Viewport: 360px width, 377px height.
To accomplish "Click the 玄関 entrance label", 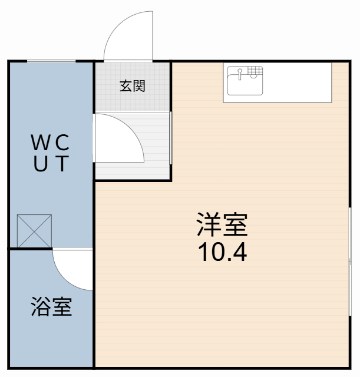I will (133, 86).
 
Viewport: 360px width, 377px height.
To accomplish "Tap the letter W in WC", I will (41, 143).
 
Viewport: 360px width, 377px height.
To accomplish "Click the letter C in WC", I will (62, 143).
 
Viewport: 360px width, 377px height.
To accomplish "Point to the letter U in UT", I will (41, 163).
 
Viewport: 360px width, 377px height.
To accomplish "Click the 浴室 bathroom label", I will (51, 307).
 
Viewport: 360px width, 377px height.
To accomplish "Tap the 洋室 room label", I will (222, 225).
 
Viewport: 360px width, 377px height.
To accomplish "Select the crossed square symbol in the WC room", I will (35, 231).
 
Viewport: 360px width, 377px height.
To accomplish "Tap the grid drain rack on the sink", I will (255, 72).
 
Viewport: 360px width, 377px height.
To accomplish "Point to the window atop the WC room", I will (51, 61).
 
